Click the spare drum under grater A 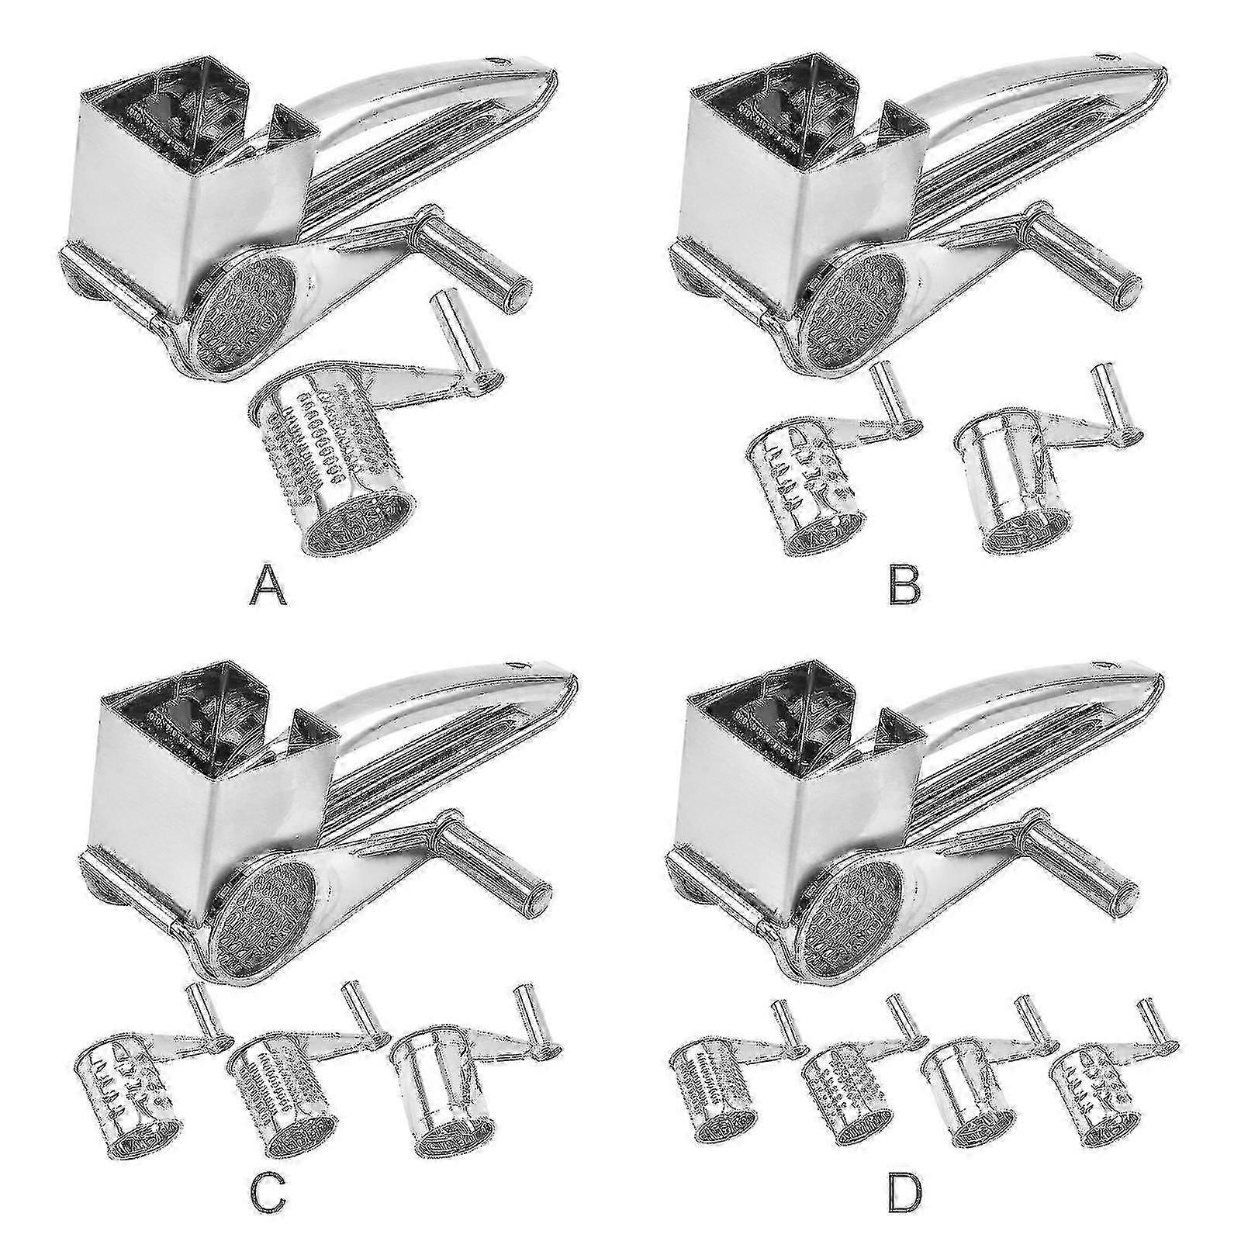[334, 481]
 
